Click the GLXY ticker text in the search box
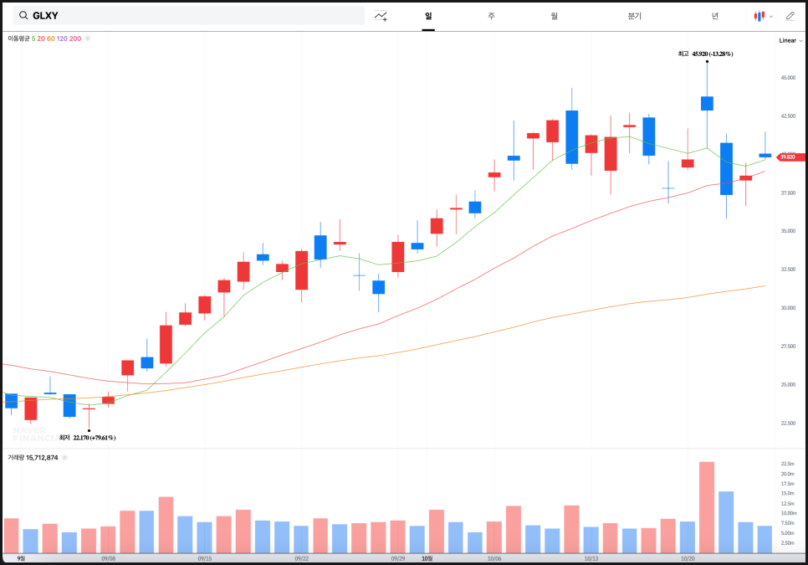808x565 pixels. coord(45,16)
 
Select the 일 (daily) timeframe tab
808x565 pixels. coord(428,16)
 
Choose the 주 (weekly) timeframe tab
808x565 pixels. coord(491,16)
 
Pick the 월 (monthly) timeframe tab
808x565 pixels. coord(554,16)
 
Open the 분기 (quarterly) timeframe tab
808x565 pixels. coord(634,16)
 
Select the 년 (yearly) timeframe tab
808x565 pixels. coord(714,16)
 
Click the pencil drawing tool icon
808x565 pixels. coord(790,16)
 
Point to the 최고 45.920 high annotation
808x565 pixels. coord(705,54)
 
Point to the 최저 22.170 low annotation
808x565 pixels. coord(94,437)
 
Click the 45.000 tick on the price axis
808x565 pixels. coord(787,78)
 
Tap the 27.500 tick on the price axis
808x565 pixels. coord(787,346)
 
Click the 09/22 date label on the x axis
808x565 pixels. coord(302,558)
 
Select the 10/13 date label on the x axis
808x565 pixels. coord(591,558)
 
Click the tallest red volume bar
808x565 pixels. coord(707,507)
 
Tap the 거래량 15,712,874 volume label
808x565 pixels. coord(33,457)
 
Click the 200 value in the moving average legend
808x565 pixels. coord(75,39)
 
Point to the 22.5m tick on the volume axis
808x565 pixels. coord(787,464)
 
